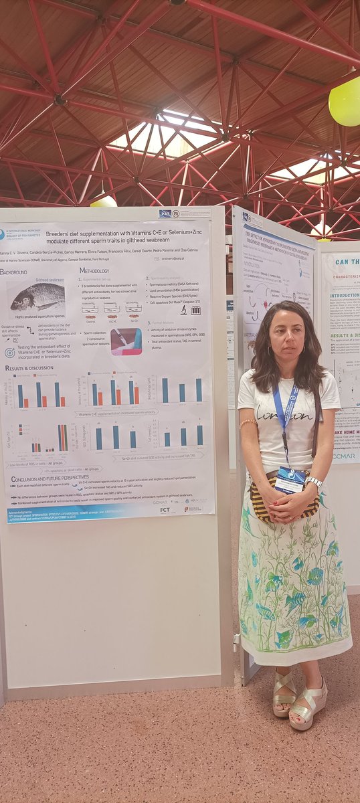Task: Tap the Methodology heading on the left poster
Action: pos(94,270)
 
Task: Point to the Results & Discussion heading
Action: pos(30,367)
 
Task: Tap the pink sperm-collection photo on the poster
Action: pos(126,341)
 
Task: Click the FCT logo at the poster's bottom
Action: pos(165,509)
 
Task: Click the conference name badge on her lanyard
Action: pos(290,480)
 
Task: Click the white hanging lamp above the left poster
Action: pos(103,201)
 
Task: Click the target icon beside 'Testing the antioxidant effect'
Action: pos(9,352)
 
